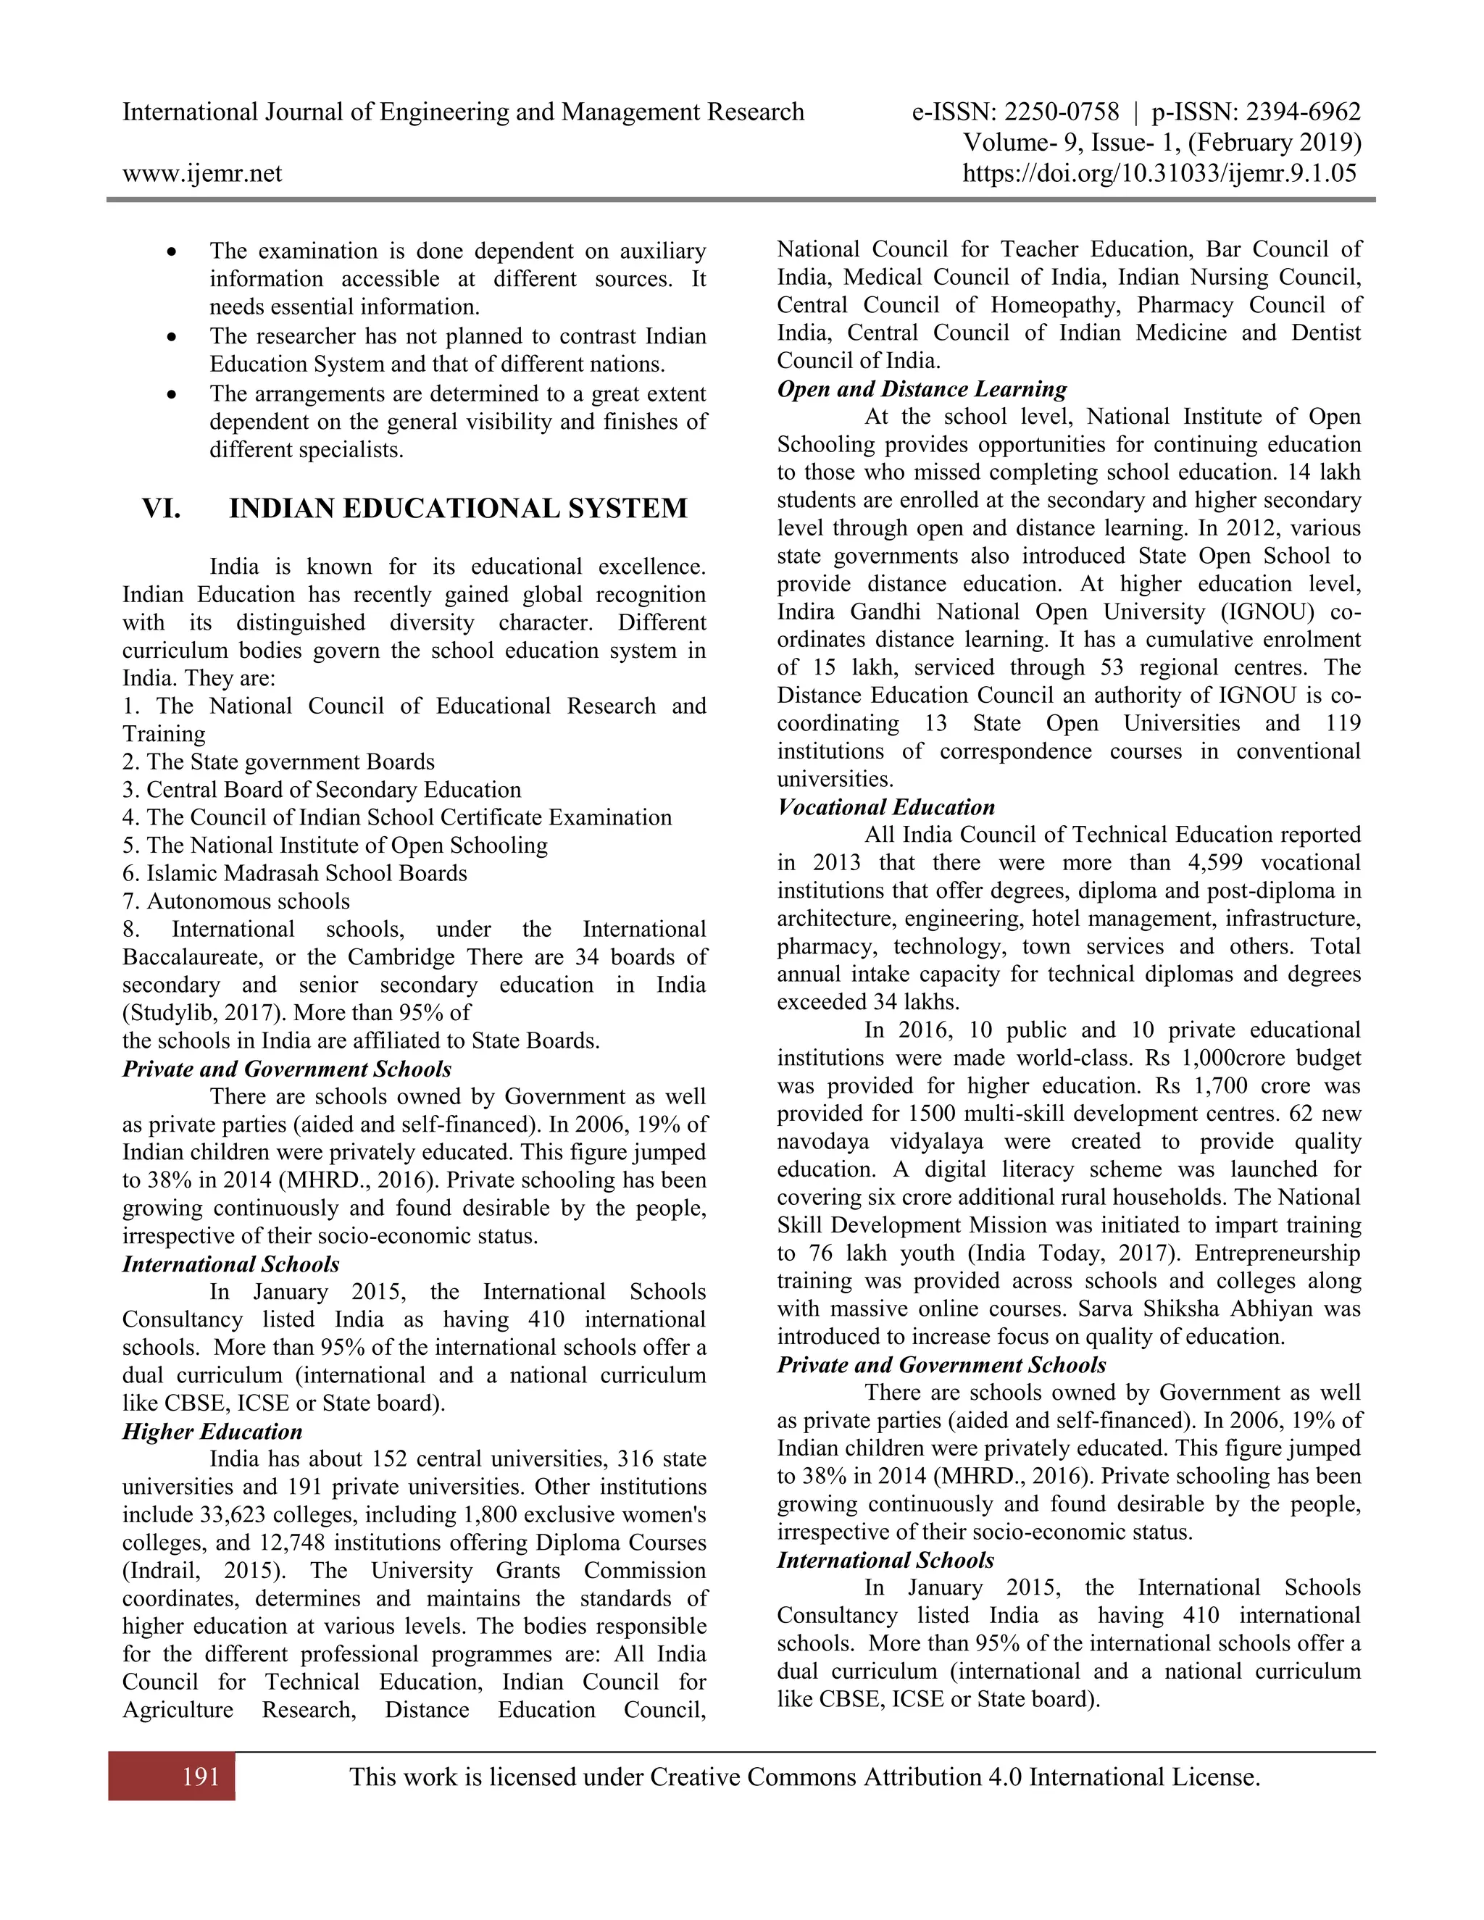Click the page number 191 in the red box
tap(201, 1777)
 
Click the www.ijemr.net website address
tap(202, 173)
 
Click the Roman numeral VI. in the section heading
tap(162, 509)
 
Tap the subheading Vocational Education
tap(885, 807)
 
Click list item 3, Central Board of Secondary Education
tap(322, 790)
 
